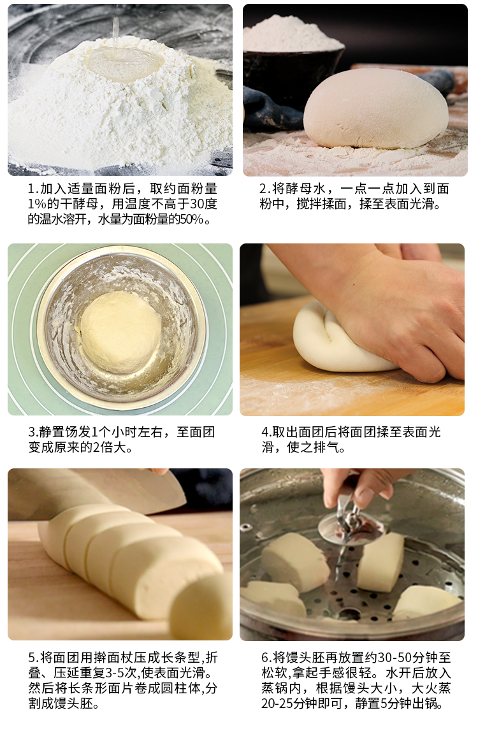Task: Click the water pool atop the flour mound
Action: [125, 63]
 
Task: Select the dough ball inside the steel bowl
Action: [120, 332]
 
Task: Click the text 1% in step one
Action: [38, 204]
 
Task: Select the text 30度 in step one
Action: [203, 204]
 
